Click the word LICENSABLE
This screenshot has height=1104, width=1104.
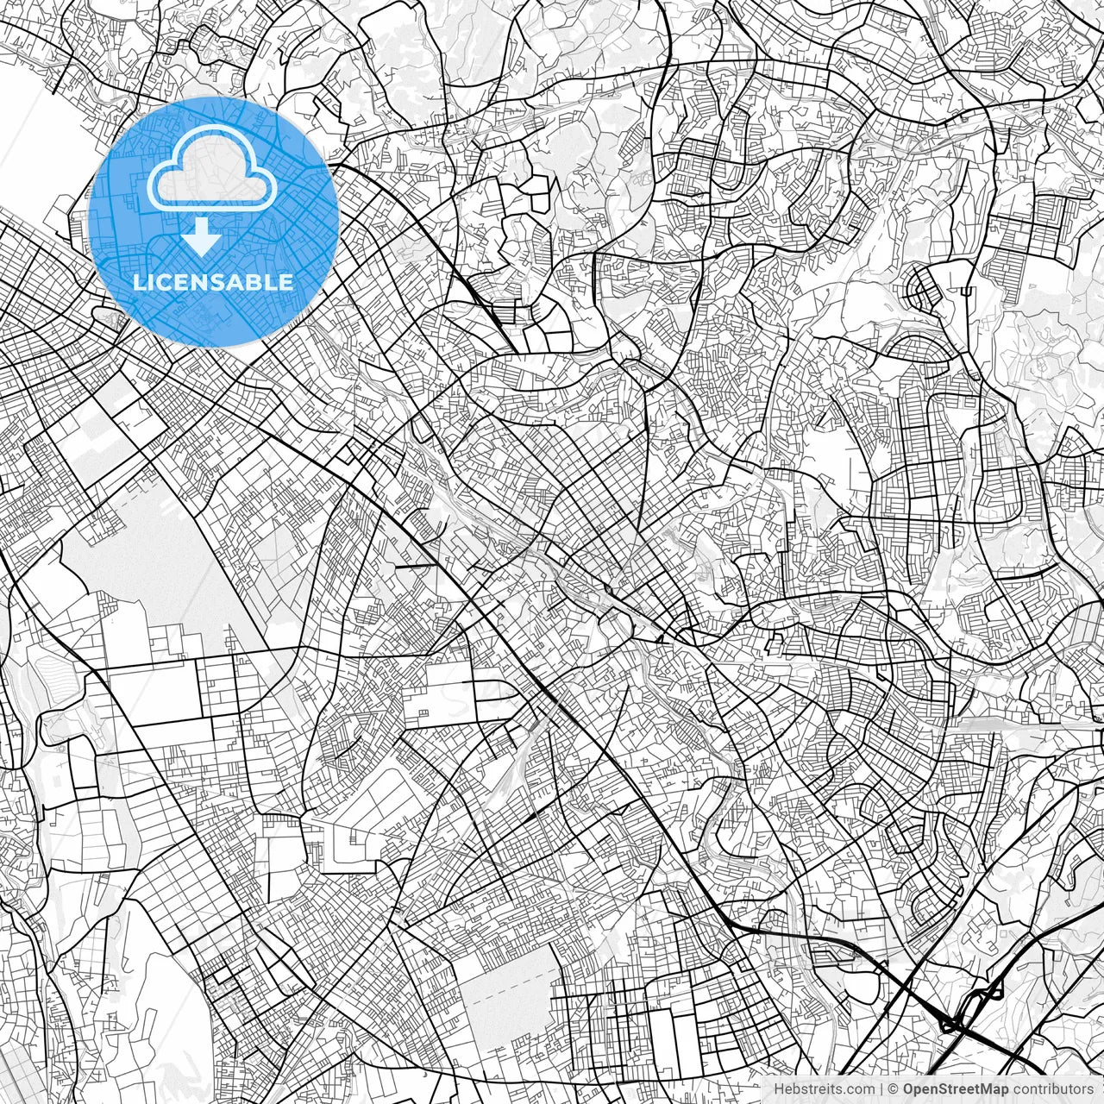(x=212, y=282)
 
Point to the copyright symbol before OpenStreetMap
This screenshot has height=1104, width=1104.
(x=894, y=1089)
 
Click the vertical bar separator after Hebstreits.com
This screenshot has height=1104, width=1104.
(x=882, y=1089)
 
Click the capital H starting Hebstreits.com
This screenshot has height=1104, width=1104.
(x=779, y=1089)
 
